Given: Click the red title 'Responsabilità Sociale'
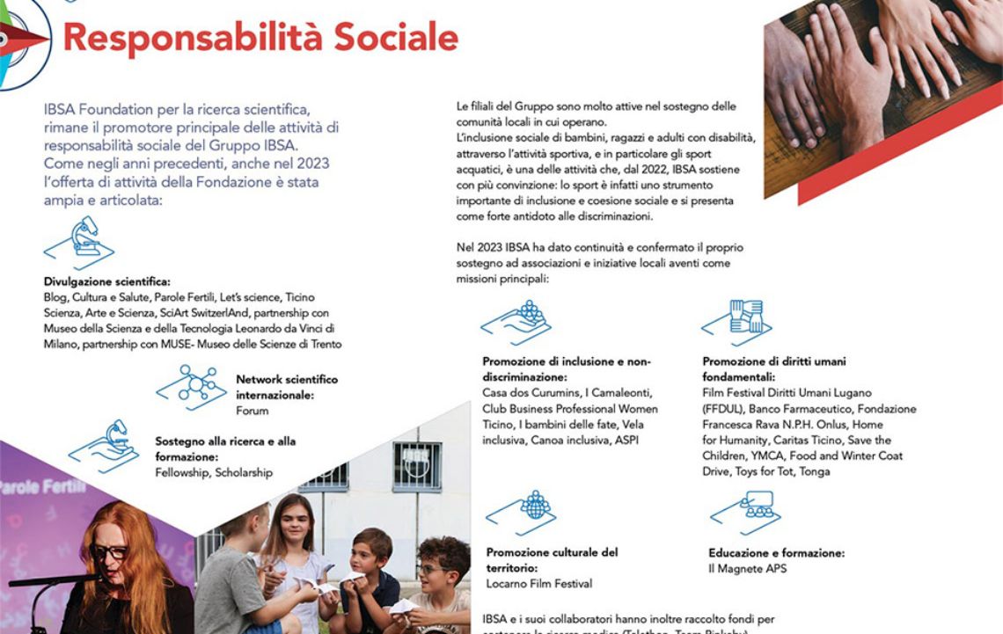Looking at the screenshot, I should coord(260,38).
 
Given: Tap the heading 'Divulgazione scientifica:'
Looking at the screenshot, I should coord(107,282).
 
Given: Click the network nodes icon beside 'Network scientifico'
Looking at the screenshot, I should coord(192,387).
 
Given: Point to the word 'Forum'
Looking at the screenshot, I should coord(253,411).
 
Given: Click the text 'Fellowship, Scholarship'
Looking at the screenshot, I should coord(214,472).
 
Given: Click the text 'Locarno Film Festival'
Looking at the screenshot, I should coord(539,583).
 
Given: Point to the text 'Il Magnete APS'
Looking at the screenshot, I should coord(747,569).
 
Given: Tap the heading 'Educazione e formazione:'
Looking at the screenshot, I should coord(776,553).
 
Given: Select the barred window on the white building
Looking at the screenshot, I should coord(417,466).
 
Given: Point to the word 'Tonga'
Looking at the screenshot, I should coord(815,471).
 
